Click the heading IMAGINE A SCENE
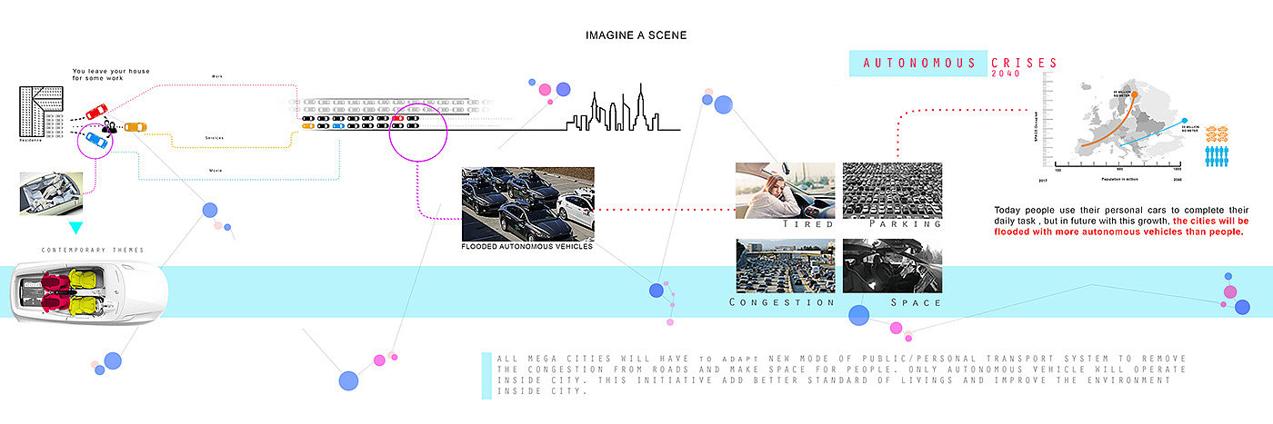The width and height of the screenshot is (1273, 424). tap(636, 35)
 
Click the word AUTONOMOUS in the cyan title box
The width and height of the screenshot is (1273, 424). tap(918, 64)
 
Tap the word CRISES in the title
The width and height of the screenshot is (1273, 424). tap(1026, 64)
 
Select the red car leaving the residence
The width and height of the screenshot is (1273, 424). tap(95, 113)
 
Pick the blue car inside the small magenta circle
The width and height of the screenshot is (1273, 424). tap(93, 140)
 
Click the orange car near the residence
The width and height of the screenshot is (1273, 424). tap(135, 127)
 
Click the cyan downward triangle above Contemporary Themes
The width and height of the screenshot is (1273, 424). tap(76, 227)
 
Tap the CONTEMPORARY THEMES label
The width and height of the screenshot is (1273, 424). tap(93, 250)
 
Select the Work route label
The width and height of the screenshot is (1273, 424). tap(216, 76)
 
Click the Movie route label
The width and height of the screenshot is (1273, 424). tap(216, 170)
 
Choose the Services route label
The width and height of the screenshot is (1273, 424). tap(215, 138)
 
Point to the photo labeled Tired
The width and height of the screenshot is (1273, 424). tap(785, 190)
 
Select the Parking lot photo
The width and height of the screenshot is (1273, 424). tap(892, 190)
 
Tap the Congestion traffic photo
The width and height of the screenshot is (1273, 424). tap(785, 266)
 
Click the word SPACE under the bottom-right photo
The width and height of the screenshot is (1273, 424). tap(915, 301)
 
